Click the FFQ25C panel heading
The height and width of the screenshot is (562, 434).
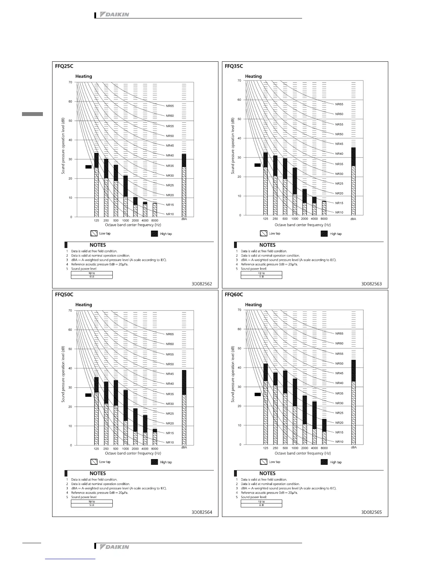(x=64, y=66)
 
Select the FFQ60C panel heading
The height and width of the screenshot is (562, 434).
(x=234, y=294)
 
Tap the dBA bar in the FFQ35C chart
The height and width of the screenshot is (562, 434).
(x=354, y=181)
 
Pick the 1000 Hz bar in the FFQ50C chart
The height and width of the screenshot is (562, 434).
(x=126, y=417)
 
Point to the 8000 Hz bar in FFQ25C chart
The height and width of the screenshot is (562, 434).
(x=155, y=210)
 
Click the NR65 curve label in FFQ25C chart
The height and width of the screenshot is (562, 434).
(x=170, y=106)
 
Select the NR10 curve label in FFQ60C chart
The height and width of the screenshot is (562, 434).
(x=339, y=442)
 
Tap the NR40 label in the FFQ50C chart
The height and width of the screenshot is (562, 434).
(x=170, y=384)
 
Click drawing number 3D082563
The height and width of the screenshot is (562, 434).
(x=372, y=284)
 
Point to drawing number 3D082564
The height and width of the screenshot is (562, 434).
(x=202, y=512)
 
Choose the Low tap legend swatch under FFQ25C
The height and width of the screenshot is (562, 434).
(x=94, y=234)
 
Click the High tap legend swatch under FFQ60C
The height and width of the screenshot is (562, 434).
(x=324, y=462)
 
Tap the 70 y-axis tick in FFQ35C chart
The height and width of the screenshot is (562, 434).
(x=239, y=81)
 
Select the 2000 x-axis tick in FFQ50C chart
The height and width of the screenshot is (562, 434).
(x=135, y=449)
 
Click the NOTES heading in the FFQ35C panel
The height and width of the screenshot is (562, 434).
(x=267, y=245)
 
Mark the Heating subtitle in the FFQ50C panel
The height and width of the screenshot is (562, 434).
(x=84, y=305)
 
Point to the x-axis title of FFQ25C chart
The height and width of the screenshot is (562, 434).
(x=133, y=225)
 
